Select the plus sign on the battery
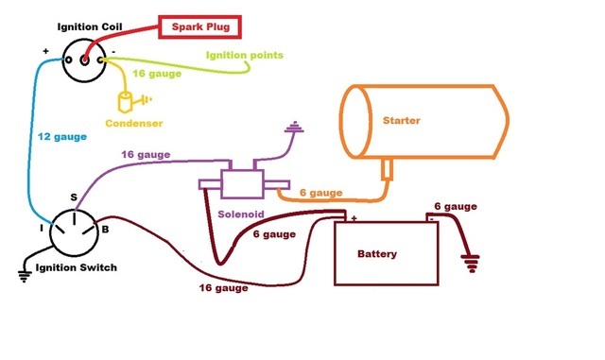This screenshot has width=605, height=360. [353, 218]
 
